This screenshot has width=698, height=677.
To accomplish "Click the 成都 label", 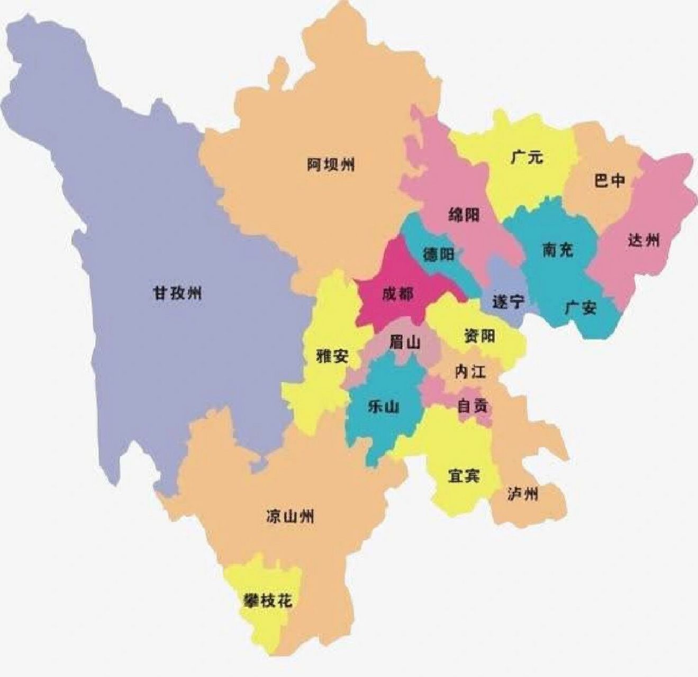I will click(x=397, y=294).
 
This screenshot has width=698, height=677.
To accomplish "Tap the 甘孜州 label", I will click(x=177, y=293).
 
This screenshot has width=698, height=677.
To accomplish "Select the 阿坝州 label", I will click(x=331, y=165).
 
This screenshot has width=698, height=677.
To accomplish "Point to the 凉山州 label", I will click(x=290, y=516).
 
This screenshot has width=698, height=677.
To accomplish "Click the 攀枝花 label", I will click(x=267, y=601).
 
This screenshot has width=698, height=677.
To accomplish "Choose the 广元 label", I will click(x=527, y=157).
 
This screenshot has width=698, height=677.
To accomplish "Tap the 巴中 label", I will click(x=609, y=181).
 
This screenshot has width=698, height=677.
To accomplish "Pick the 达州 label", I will click(x=644, y=240).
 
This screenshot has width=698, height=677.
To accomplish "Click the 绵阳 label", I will click(x=464, y=215).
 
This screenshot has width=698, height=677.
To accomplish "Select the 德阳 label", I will click(x=438, y=254).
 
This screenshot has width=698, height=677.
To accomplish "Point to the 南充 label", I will click(x=558, y=250).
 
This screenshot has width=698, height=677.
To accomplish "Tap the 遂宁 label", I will click(x=509, y=301).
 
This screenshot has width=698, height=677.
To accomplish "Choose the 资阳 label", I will click(x=479, y=335).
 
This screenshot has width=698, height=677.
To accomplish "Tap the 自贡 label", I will click(x=473, y=406).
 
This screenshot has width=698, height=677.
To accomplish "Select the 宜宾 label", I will click(x=464, y=476).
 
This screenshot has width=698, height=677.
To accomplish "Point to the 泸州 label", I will click(x=522, y=495).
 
